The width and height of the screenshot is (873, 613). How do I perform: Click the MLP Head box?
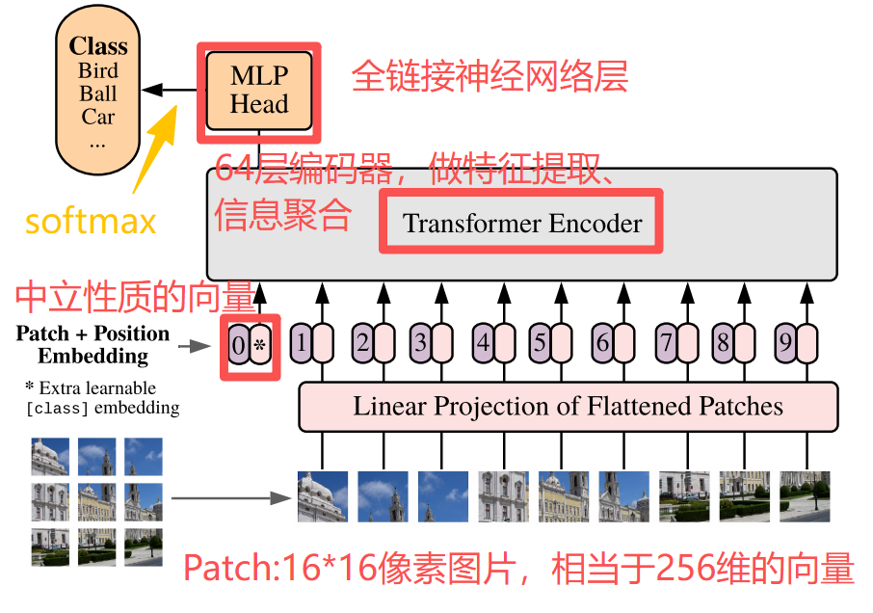pyautogui.click(x=258, y=91)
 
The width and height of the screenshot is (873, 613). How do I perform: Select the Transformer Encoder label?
pyautogui.click(x=521, y=223)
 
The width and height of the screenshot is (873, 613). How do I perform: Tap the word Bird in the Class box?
pyautogui.click(x=98, y=70)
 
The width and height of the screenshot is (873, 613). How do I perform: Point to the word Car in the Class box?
pyautogui.click(x=98, y=117)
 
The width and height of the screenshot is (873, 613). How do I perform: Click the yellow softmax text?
pyautogui.click(x=91, y=222)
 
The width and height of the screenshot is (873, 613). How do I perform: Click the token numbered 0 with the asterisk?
pyautogui.click(x=249, y=343)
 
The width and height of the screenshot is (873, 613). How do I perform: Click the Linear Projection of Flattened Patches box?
pyautogui.click(x=568, y=406)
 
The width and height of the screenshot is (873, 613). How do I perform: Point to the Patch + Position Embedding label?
pyautogui.click(x=93, y=344)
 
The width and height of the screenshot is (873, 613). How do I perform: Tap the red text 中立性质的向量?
pyautogui.click(x=134, y=297)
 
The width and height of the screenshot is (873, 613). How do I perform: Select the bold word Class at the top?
pyautogui.click(x=98, y=46)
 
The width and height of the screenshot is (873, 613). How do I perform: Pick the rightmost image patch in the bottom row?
pyautogui.click(x=805, y=495)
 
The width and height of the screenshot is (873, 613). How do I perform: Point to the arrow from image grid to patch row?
pyautogui.click(x=230, y=498)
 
